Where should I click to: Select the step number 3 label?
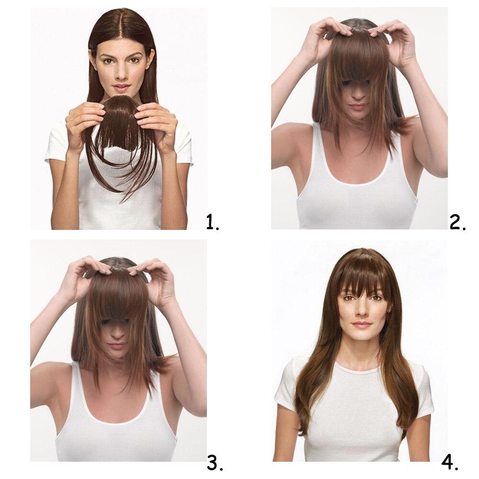click(215, 463)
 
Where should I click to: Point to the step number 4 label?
click(450, 463)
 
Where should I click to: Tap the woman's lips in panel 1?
click(122, 88)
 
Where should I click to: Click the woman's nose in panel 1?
click(122, 74)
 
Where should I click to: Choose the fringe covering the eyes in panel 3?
click(116, 311)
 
